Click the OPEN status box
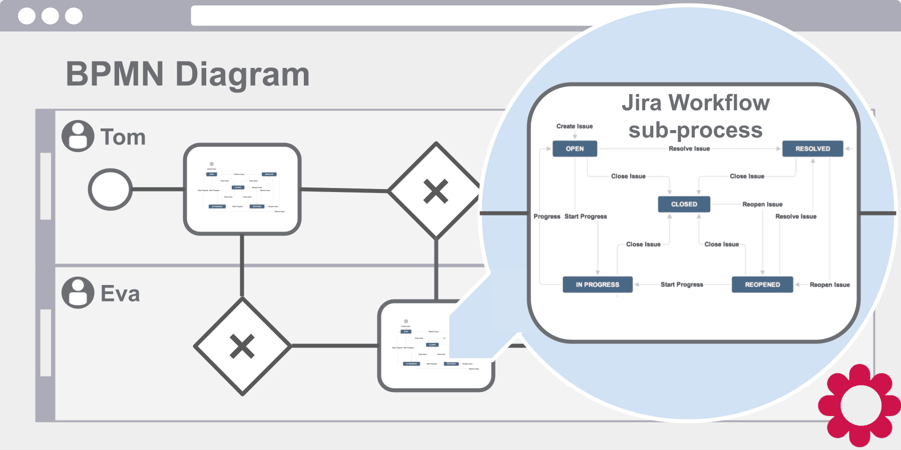tap(575, 148)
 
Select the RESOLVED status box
tap(812, 148)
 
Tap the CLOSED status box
tap(684, 204)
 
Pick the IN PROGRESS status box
tap(597, 284)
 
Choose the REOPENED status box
tap(762, 284)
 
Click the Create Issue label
tap(574, 126)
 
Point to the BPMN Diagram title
tap(188, 74)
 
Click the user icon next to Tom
tap(78, 136)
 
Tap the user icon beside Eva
tap(78, 292)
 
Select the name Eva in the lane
tap(120, 293)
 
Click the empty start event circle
tap(110, 189)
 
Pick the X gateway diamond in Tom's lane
tap(435, 191)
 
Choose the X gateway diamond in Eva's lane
tap(242, 346)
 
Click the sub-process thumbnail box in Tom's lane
tap(242, 189)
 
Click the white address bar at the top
tap(390, 15)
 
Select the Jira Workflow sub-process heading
tap(695, 116)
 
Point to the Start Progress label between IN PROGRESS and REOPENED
tap(681, 284)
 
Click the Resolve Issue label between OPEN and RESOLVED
tap(689, 148)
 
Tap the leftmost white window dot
tap(27, 16)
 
